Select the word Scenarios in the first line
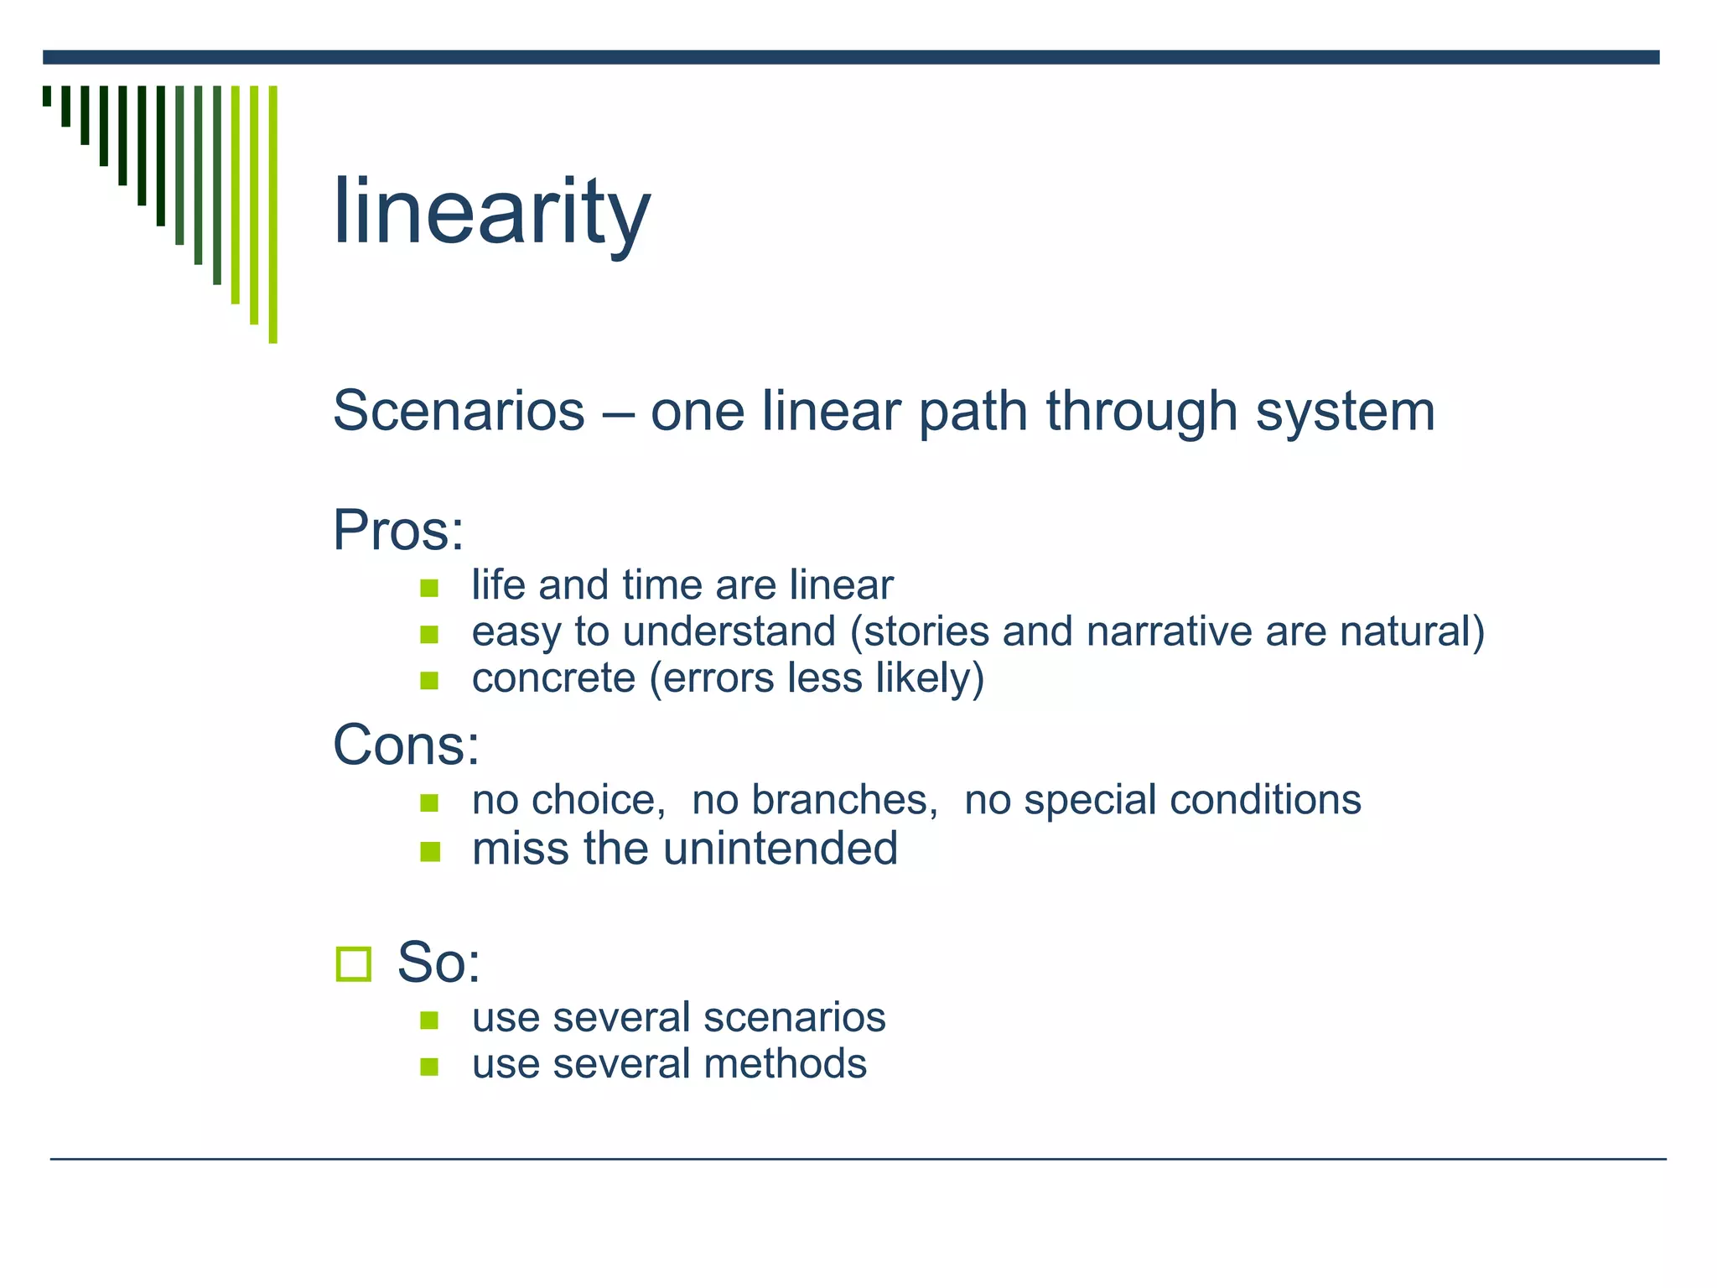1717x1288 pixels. [459, 411]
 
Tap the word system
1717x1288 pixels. [1345, 411]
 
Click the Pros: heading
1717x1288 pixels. [398, 530]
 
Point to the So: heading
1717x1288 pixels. [438, 962]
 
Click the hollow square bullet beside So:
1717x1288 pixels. [353, 963]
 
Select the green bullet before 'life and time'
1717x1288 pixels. [429, 588]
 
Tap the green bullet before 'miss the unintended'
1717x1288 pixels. [429, 852]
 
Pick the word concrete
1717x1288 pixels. [553, 678]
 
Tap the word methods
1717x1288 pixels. [785, 1063]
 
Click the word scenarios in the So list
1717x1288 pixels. [794, 1017]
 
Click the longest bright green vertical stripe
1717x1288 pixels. [272, 214]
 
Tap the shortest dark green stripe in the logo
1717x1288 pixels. [47, 96]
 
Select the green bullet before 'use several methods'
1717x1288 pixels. [429, 1067]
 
